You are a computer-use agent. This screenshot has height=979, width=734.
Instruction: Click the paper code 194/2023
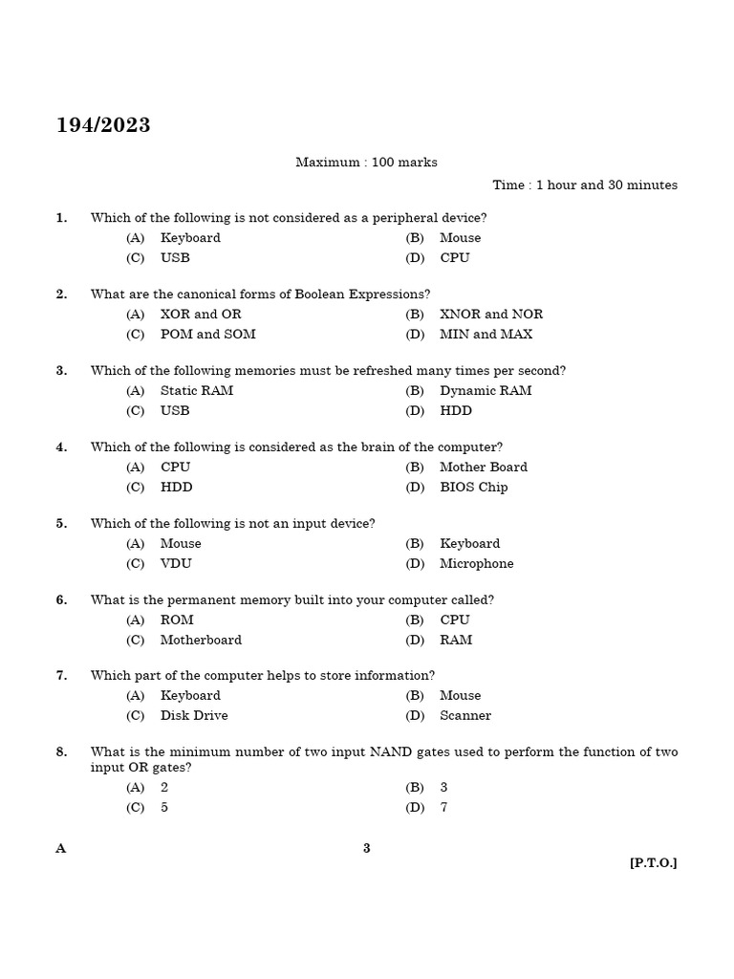click(x=103, y=126)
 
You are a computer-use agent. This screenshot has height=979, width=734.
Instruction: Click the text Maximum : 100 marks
click(x=366, y=163)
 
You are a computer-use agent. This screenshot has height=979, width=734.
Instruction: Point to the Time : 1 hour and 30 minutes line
click(x=585, y=185)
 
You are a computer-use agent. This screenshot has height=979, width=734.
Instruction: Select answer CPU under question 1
click(x=454, y=258)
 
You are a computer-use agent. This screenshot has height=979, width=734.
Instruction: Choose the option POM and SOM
click(x=207, y=335)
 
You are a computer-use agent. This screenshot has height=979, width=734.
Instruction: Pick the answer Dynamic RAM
click(x=486, y=391)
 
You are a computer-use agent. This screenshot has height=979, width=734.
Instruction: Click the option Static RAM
click(x=196, y=391)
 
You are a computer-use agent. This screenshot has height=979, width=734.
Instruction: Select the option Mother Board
click(x=483, y=468)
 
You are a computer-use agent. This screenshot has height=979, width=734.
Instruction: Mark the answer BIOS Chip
click(x=473, y=488)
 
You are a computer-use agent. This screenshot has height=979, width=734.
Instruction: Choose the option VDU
click(x=176, y=564)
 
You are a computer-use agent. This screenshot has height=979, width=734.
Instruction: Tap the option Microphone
click(x=476, y=564)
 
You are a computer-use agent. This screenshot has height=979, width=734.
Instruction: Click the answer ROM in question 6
click(x=177, y=620)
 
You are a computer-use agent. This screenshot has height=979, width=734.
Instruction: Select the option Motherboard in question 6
click(x=201, y=641)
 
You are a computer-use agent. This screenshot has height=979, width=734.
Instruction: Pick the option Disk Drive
click(x=194, y=716)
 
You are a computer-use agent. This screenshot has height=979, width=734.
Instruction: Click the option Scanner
click(x=465, y=716)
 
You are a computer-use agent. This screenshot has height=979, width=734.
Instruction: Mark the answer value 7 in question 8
click(x=443, y=808)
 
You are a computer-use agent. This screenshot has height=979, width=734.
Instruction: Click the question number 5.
click(x=61, y=524)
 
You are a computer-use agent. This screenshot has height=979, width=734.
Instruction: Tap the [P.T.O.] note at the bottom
click(x=653, y=863)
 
